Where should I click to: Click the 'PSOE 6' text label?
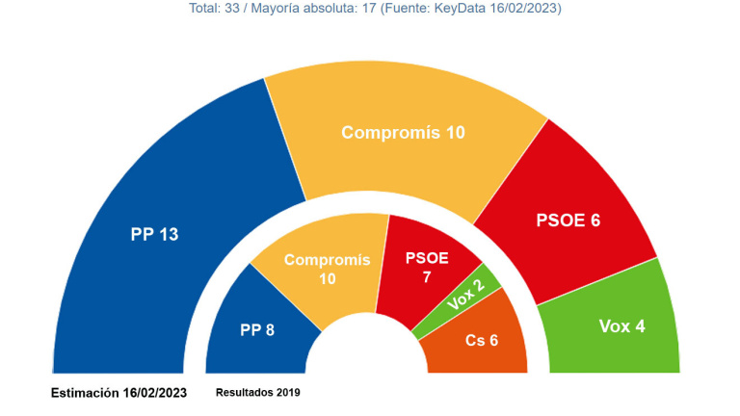(568, 221)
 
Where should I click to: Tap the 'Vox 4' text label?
(621, 326)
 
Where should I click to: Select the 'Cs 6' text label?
(482, 340)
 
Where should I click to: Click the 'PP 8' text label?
(257, 330)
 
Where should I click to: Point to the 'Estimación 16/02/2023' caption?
(119, 393)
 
